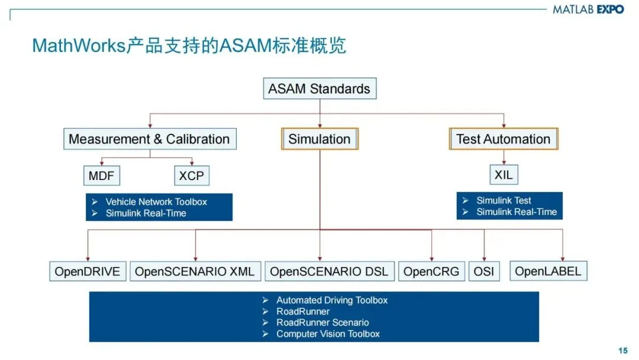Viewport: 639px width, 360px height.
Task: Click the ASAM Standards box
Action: coord(319,89)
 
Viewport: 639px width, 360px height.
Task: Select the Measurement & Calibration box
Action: coord(149,139)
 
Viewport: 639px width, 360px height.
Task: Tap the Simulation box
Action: coord(319,139)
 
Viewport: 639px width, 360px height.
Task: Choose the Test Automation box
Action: coord(504,139)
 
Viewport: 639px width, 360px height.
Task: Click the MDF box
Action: coord(101,175)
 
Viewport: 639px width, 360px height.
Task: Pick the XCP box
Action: coord(192,175)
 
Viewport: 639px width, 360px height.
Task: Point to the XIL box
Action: coord(504,175)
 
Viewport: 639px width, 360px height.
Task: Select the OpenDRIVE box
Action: coord(88,272)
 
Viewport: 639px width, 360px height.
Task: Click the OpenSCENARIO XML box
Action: coord(195,272)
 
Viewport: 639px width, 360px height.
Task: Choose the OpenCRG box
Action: coord(431,272)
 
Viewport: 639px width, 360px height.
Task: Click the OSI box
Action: coord(485,272)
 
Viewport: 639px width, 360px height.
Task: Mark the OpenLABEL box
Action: coord(548,271)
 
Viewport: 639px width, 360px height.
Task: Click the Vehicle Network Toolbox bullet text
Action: coord(156,202)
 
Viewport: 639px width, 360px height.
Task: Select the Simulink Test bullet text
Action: coord(504,201)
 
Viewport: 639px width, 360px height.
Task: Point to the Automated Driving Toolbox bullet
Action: coord(331,300)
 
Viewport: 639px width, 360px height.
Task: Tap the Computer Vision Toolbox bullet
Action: coord(328,334)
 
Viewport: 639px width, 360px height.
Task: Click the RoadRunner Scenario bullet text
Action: coord(322,323)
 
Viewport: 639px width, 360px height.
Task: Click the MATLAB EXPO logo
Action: coord(588,9)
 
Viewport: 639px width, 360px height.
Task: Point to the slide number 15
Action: coord(622,351)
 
